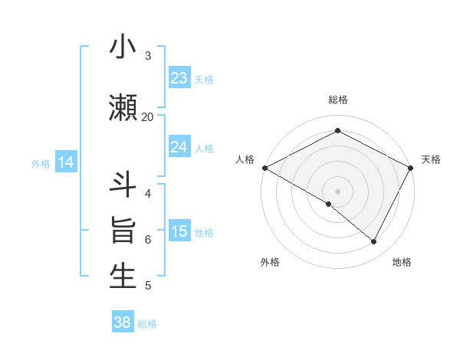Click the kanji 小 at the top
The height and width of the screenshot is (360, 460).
coord(123,48)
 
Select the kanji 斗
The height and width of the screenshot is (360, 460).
coord(123,184)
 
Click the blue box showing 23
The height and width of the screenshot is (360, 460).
coord(179,78)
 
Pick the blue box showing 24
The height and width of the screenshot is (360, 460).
coord(179,147)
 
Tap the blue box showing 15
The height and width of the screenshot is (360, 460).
coord(179,232)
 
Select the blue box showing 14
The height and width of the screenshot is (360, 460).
coord(65,162)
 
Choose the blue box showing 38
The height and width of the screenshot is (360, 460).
coord(123,323)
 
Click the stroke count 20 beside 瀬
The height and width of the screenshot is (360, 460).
coord(148,116)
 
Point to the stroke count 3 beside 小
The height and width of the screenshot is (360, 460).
coord(148,56)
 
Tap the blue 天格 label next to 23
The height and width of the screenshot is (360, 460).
coord(204,79)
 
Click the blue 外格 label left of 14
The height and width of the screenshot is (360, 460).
coord(41,163)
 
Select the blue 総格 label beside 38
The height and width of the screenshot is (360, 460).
coord(147,324)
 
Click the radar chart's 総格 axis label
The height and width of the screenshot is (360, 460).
coord(338,100)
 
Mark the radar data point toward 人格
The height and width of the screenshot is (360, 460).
coord(264,168)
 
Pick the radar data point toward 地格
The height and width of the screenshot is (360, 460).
coord(374,242)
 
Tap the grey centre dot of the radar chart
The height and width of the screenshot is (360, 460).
coord(338,191)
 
